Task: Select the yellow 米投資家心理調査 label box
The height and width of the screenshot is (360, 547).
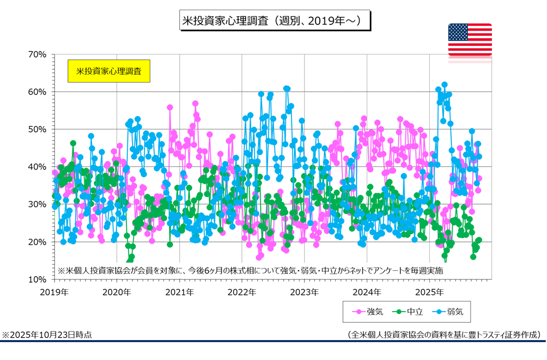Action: [x=109, y=71]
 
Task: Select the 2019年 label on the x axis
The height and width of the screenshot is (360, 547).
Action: [x=54, y=292]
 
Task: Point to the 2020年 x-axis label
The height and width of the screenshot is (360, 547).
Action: [x=117, y=292]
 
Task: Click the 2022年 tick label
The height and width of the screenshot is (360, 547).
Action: [x=242, y=292]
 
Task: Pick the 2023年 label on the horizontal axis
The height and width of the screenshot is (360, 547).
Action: [x=305, y=292]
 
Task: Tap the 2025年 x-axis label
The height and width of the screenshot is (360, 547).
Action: [x=429, y=292]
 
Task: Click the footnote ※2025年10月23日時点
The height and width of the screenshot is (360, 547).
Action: [x=47, y=335]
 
